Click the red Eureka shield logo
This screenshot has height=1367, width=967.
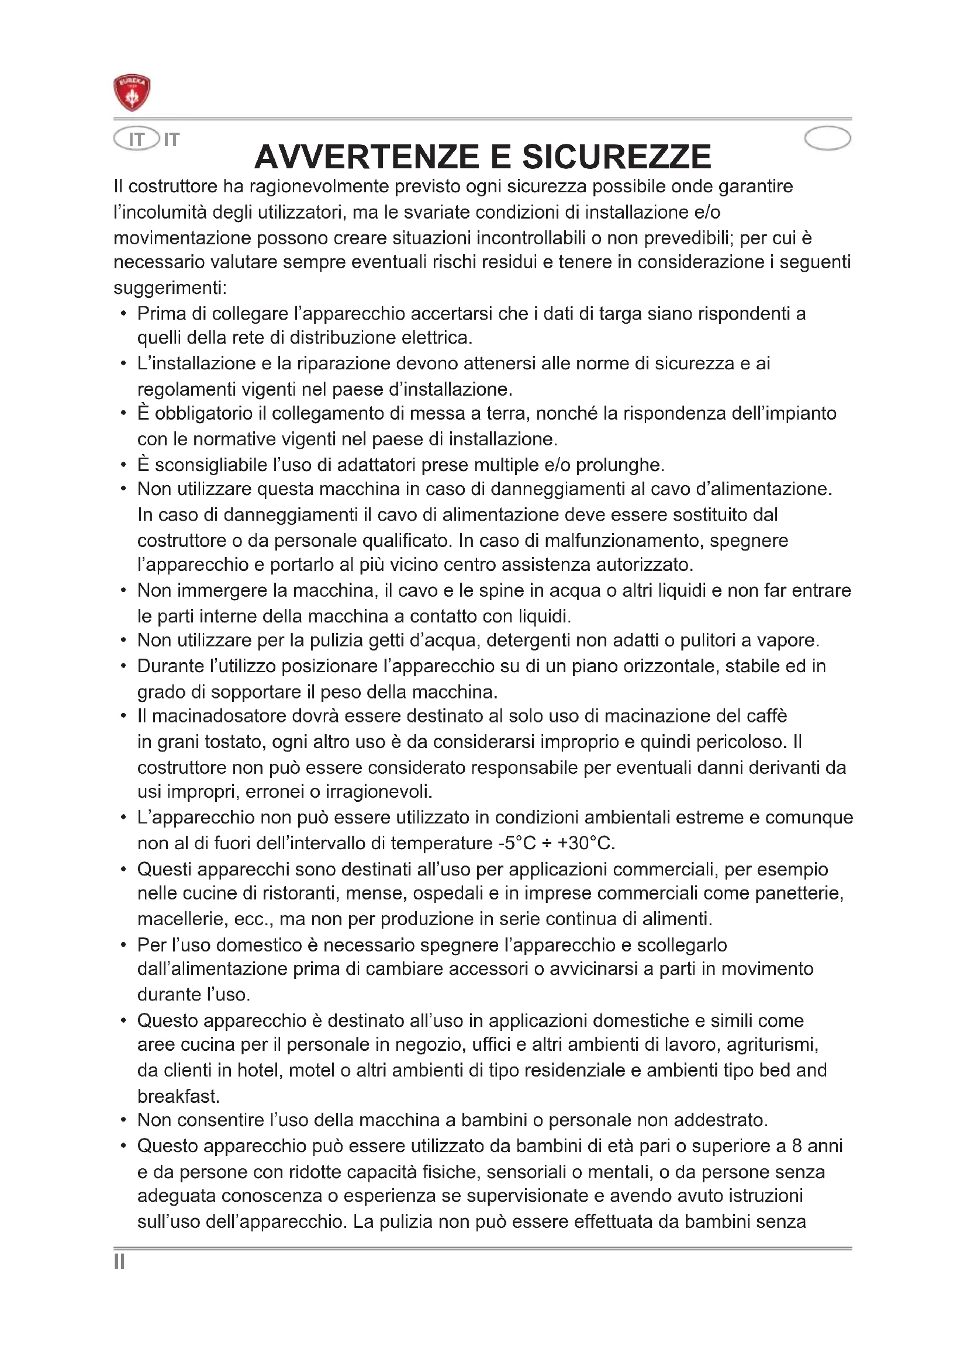[x=132, y=93]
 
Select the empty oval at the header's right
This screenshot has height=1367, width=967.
[x=827, y=139]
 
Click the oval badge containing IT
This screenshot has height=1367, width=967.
[x=137, y=139]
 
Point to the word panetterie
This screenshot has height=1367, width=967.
[x=799, y=893]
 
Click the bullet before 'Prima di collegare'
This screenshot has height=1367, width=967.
[x=123, y=313]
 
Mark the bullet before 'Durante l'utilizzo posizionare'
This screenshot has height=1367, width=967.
[x=123, y=666]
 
